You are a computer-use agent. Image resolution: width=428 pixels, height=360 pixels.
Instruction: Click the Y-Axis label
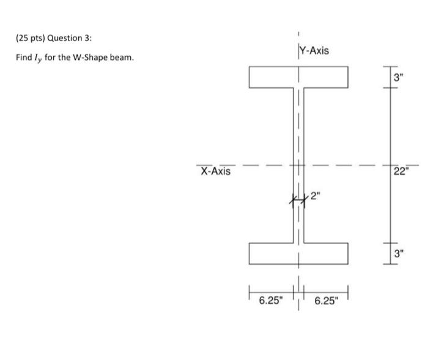pos(315,50)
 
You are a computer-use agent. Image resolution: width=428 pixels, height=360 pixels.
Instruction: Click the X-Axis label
pos(216,171)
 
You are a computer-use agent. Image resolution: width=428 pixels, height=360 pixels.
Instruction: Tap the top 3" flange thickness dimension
pos(399,78)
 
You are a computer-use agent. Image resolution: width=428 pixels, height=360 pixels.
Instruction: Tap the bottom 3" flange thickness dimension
pos(399,252)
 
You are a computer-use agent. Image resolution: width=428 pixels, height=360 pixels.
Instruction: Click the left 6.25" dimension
pos(270,300)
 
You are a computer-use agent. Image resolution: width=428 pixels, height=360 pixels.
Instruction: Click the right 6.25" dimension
pos(327,300)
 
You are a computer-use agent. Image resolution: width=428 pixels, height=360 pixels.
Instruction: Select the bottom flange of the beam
pos(298,253)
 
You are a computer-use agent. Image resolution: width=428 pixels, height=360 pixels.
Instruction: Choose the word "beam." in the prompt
pos(119,57)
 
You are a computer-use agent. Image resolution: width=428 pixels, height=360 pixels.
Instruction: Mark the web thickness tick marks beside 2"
pos(298,199)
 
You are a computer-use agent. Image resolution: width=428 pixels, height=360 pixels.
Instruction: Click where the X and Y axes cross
pos(298,165)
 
